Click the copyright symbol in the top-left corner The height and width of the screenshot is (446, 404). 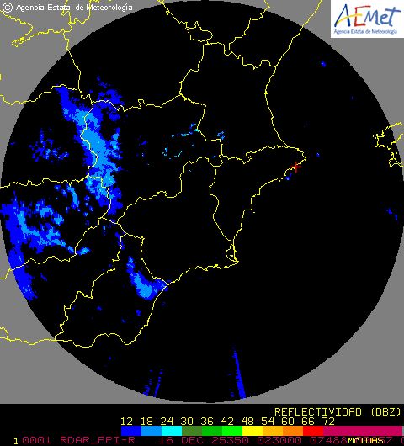pyautogui.click(x=7, y=8)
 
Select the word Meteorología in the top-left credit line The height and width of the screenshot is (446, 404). pyautogui.click(x=109, y=8)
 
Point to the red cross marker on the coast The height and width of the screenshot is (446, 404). pyautogui.click(x=295, y=167)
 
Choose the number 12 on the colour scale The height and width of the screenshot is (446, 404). pyautogui.click(x=128, y=421)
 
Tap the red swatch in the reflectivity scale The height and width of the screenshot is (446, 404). pyautogui.click(x=312, y=430)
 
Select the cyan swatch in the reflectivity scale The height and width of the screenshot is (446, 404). pyautogui.click(x=178, y=430)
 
